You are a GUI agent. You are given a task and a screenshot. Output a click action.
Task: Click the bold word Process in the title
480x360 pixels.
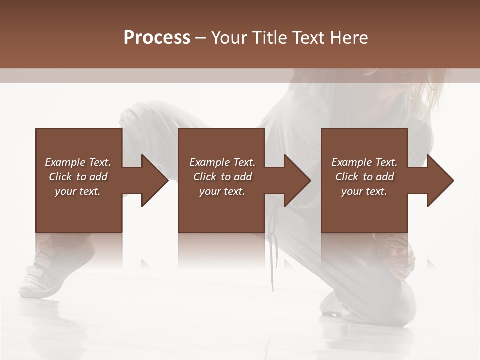[157, 37]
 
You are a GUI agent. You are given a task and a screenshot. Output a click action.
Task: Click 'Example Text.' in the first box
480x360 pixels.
[78, 162]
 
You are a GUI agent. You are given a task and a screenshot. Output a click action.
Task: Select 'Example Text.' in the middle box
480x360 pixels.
[222, 162]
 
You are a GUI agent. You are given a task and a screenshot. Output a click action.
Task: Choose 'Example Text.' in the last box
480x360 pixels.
[364, 162]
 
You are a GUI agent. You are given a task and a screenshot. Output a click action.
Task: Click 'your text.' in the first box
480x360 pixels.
[78, 191]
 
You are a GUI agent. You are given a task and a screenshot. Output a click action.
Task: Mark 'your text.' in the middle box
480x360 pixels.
[222, 191]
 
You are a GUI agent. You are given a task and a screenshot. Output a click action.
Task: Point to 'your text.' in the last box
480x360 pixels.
[364, 191]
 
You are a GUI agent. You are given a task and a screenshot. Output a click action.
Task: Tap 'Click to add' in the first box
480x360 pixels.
[78, 177]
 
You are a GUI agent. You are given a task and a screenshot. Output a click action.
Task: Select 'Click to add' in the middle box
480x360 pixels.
[222, 177]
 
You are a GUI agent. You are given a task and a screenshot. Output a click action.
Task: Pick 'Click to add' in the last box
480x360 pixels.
[364, 177]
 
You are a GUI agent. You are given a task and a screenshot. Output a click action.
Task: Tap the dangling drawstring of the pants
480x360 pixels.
[272, 260]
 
